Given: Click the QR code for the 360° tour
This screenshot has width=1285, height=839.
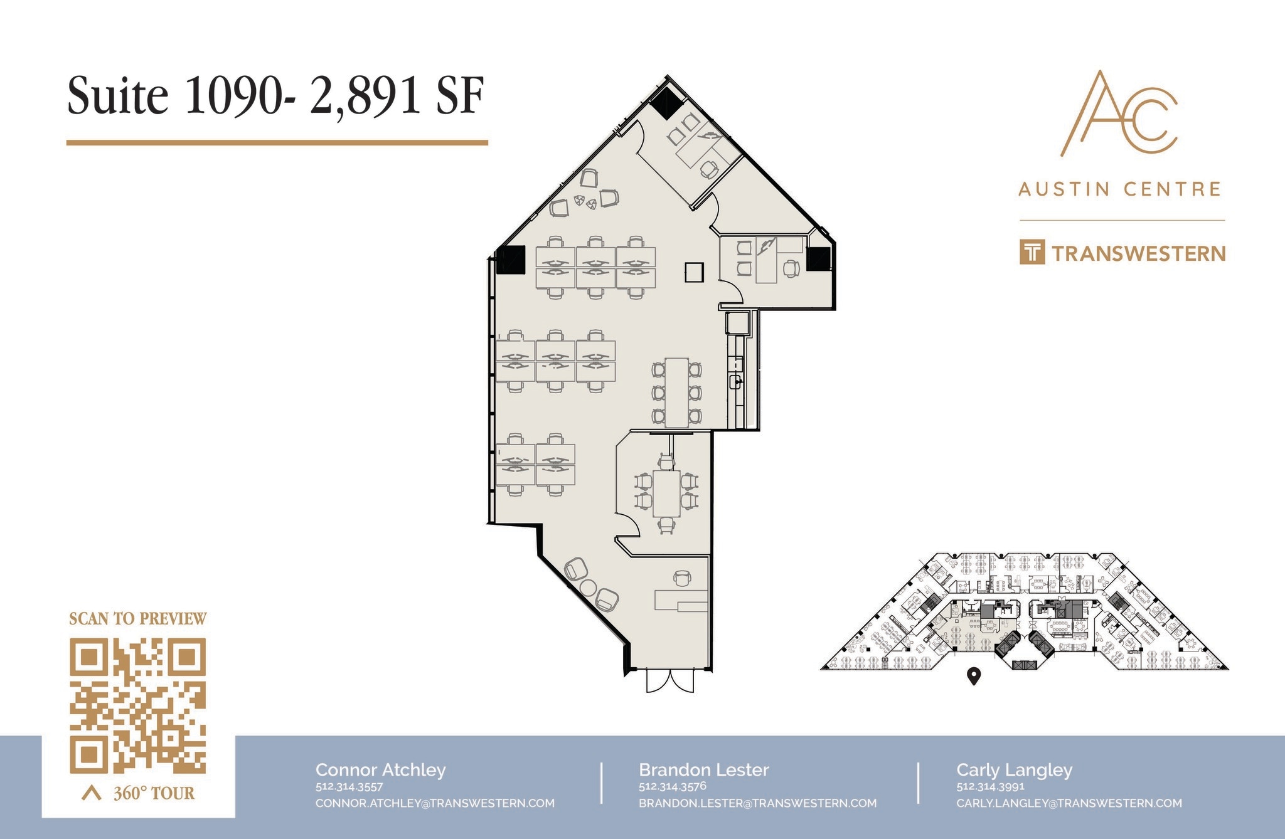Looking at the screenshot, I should tap(137, 705).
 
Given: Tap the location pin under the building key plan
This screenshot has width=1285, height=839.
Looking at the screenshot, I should tap(973, 676).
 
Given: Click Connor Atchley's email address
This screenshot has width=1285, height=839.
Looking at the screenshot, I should tap(435, 803).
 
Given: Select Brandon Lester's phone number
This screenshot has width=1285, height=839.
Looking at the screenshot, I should tap(672, 786).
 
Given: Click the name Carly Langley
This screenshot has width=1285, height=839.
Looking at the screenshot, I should tap(1014, 769).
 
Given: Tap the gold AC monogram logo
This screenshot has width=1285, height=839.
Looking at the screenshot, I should tap(1119, 114).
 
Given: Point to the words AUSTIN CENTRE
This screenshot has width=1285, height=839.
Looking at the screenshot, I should tap(1119, 189).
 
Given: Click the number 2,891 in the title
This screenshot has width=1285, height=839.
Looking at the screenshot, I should tap(365, 96).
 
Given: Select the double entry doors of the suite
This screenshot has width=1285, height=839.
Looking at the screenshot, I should tap(670, 680).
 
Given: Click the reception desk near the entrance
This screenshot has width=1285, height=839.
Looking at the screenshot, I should tap(681, 600).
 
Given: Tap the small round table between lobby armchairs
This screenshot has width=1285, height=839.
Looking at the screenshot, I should tap(589, 588).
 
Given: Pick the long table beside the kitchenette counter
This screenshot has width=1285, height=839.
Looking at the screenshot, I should tap(676, 393).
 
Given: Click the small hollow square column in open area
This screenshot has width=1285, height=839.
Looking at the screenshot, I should tap(694, 272).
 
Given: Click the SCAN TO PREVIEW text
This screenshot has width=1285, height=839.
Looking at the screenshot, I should tap(137, 619).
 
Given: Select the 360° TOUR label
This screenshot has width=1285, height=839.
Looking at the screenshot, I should tap(154, 793).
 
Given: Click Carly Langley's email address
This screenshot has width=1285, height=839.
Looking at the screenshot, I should tap(1069, 803).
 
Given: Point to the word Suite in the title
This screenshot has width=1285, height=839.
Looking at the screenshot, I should tap(118, 96).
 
